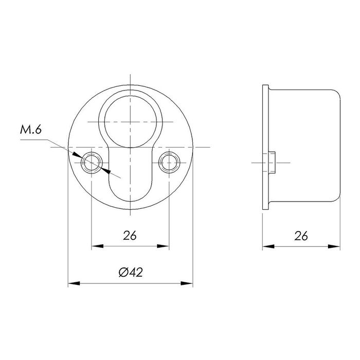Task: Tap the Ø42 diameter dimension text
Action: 130,273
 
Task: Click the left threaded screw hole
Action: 92,163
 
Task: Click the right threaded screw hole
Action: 169,163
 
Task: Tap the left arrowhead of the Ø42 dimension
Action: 73,283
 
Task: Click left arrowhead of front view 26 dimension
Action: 96,246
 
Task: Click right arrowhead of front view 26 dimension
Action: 165,246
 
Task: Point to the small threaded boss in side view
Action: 272,163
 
